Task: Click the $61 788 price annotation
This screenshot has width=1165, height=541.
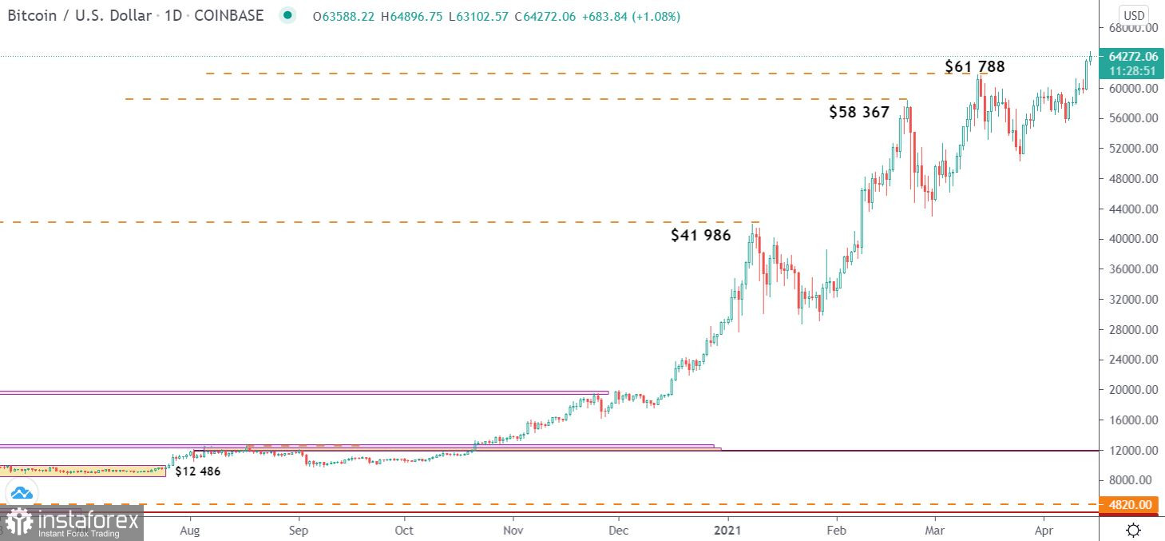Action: pos(974,66)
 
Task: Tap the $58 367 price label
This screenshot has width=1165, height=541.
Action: pos(858,113)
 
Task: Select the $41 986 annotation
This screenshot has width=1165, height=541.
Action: pos(700,235)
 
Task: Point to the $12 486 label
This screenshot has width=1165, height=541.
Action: pos(197,471)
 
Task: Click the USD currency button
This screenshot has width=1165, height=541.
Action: pos(1134,15)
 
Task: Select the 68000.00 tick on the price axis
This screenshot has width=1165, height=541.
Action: pos(1134,28)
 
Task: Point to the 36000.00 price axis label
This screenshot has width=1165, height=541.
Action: pos(1134,269)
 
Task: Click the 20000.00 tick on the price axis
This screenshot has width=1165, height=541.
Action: pos(1134,390)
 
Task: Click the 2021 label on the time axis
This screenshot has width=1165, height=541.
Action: pos(727,530)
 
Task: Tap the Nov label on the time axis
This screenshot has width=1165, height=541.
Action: pos(514,530)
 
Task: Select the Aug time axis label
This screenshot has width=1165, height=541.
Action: pos(190,530)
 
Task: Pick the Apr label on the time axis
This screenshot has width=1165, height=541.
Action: pos(1044,530)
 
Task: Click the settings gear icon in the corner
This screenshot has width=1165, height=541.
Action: pos(1133,530)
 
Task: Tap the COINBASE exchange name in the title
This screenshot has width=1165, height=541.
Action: pos(229,15)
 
